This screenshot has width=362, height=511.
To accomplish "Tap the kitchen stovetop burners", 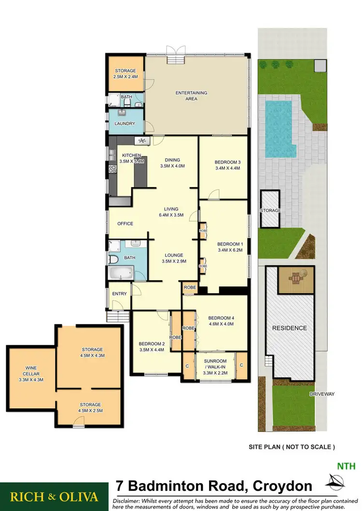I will click(x=112, y=169).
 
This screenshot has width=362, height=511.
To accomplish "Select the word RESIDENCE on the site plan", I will click(x=289, y=328).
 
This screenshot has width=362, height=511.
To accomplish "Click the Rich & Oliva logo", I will click(x=54, y=497).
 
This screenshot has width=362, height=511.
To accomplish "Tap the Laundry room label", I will click(x=125, y=123).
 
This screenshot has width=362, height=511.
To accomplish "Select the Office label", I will click(x=125, y=224).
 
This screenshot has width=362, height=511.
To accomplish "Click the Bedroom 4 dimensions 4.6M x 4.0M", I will click(x=221, y=324).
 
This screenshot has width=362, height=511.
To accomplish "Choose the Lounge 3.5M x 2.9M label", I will click(x=173, y=258).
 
